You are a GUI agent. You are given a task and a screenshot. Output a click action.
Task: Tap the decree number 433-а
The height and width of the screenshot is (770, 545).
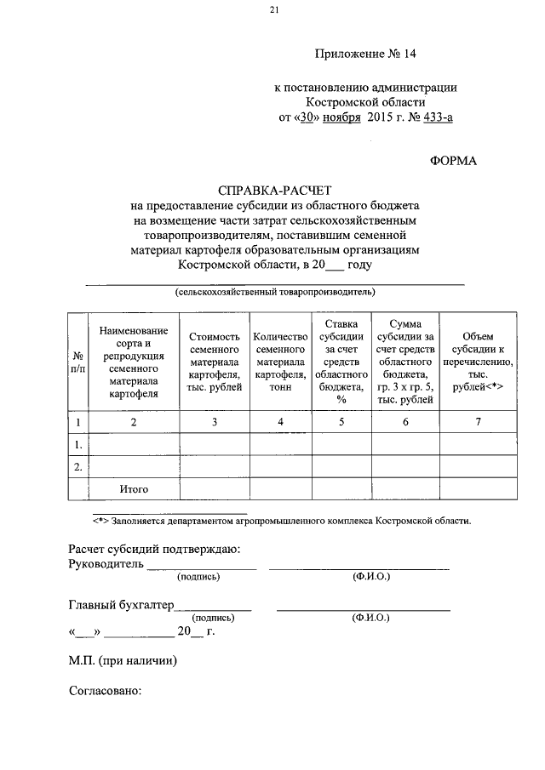tap(433, 117)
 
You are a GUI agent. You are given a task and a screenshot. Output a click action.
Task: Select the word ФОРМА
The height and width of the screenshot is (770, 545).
tap(454, 161)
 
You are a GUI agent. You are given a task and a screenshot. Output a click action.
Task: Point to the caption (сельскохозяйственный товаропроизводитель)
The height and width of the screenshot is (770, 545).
tap(275, 291)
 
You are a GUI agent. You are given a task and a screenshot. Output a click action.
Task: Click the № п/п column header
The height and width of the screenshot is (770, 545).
tap(77, 362)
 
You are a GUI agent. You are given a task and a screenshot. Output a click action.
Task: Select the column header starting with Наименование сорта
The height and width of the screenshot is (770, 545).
tap(134, 362)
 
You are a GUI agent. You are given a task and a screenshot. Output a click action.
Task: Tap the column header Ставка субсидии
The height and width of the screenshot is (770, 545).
tap(340, 362)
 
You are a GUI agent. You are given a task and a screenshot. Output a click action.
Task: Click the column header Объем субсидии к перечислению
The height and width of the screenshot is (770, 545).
tap(477, 362)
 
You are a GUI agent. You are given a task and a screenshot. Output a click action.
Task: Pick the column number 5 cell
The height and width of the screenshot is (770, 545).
tap(340, 421)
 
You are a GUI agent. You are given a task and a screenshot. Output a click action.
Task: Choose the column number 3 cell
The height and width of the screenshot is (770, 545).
tap(215, 421)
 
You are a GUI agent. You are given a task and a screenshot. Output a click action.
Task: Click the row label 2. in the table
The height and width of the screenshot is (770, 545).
tap(77, 466)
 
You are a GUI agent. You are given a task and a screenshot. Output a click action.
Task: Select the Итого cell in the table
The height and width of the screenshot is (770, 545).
tap(134, 489)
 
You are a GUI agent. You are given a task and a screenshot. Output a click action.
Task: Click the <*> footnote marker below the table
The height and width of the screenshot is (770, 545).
tap(105, 519)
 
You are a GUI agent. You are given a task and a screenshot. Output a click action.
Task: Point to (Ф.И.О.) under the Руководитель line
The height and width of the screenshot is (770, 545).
tap(370, 577)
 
